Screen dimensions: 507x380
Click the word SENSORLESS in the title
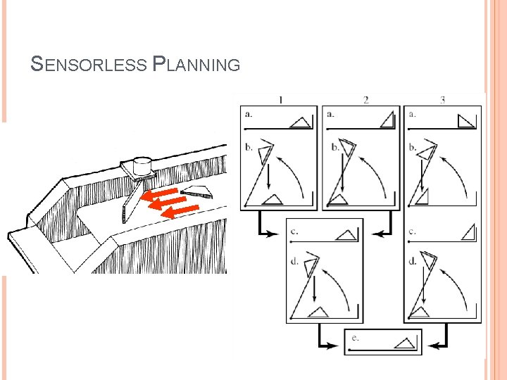(89, 65)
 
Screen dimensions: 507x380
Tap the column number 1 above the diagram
(281, 100)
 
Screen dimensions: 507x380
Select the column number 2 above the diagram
(366, 100)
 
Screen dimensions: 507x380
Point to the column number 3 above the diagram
(442, 100)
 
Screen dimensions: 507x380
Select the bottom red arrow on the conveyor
(181, 208)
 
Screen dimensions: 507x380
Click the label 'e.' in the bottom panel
(355, 338)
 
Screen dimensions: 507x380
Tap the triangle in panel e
(403, 343)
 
